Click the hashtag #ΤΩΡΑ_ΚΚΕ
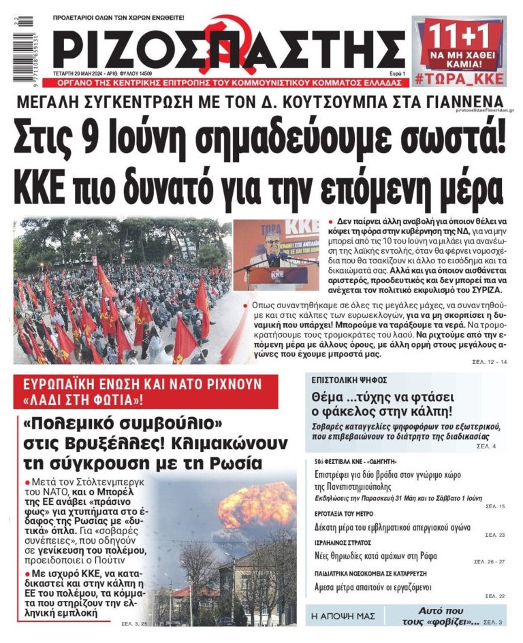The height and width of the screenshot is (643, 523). [x=459, y=79]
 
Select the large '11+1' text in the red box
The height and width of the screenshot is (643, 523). [x=458, y=32]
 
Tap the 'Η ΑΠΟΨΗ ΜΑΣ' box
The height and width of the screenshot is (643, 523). [x=343, y=616]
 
